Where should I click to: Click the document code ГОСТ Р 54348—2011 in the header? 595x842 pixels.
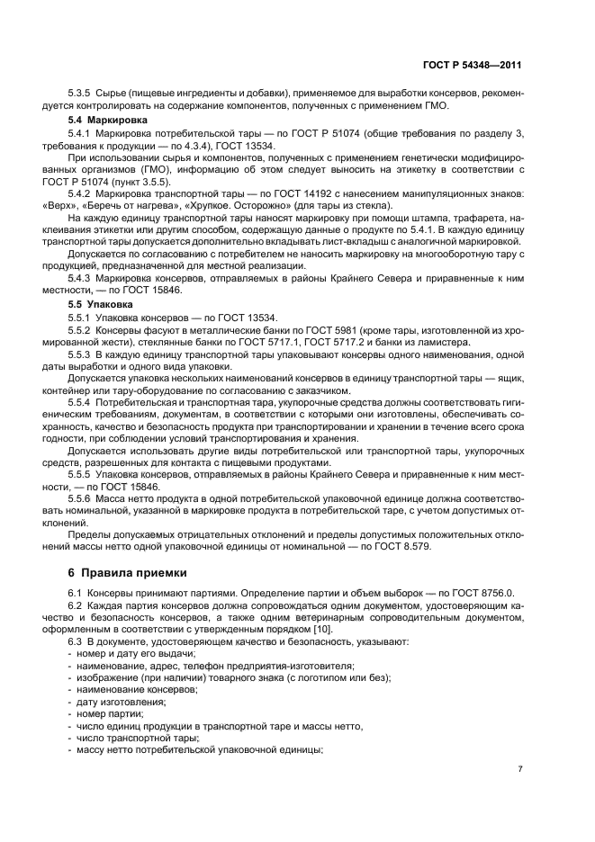pos(472,66)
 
